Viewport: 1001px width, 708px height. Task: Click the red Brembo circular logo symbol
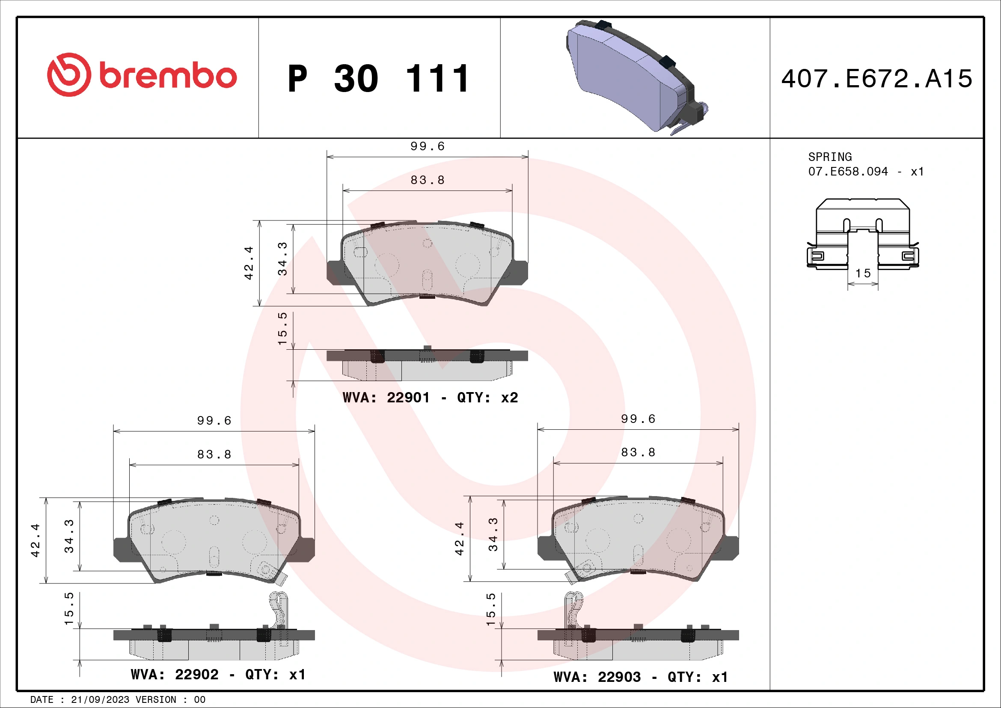click(69, 74)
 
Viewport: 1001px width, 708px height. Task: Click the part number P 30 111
click(378, 79)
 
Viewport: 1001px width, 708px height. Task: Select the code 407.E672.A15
click(876, 79)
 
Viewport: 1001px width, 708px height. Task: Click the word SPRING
click(830, 157)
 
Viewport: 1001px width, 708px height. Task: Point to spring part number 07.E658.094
click(847, 172)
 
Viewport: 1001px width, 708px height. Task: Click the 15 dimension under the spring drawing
click(863, 274)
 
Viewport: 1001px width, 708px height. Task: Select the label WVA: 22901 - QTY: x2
click(430, 398)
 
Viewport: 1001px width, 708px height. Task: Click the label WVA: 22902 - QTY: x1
click(218, 675)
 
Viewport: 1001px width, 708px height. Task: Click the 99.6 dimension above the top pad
click(427, 146)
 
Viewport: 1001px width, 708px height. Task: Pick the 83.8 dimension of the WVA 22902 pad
click(214, 455)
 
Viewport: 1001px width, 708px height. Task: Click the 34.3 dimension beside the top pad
click(282, 259)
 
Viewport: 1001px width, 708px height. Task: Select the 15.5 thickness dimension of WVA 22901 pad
click(282, 329)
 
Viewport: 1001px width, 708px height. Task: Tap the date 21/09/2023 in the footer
click(100, 700)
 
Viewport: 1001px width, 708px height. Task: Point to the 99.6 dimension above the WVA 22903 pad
click(638, 419)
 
